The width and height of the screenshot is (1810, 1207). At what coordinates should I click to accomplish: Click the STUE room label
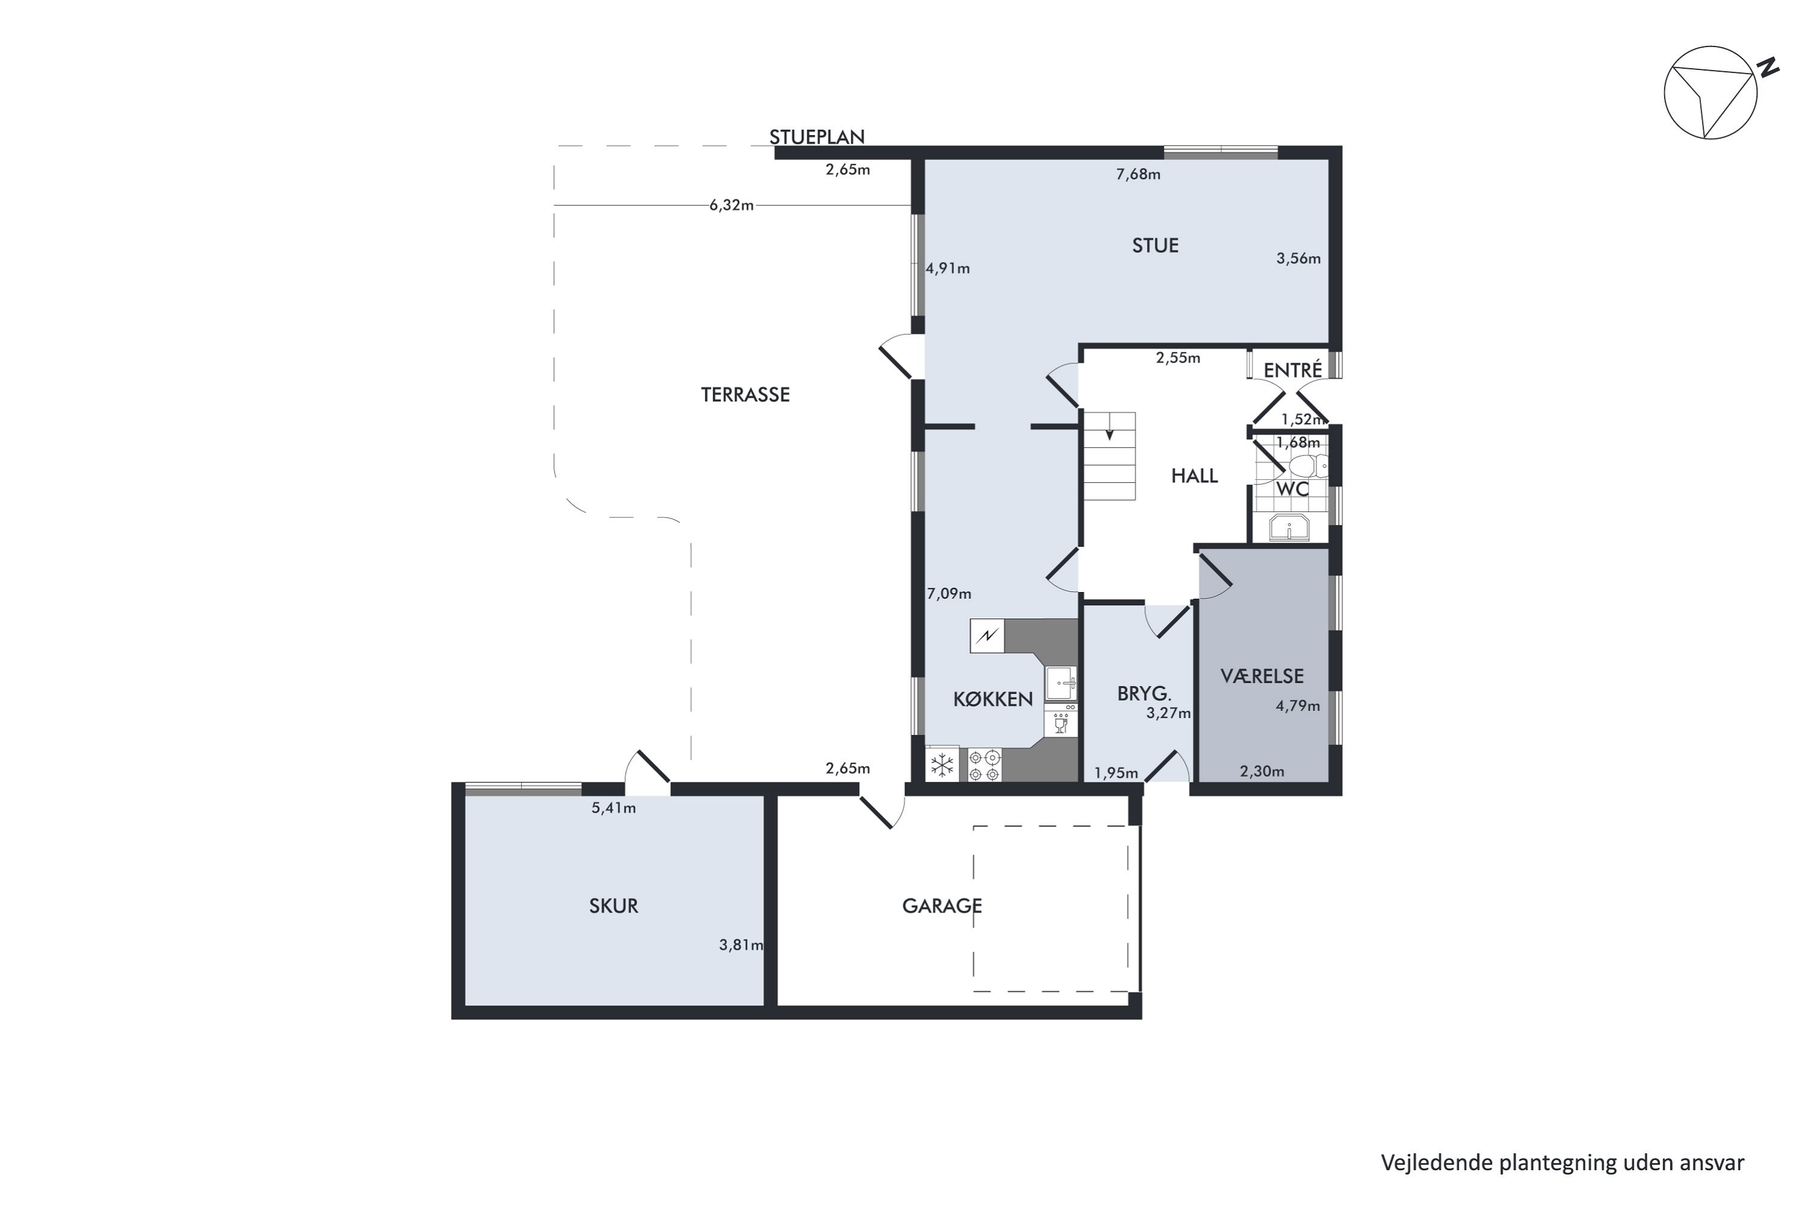(1155, 246)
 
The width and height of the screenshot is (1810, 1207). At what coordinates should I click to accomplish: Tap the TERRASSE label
(745, 395)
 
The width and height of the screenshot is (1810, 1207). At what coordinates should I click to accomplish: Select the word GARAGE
(942, 906)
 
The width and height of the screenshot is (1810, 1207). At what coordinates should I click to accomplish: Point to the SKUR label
(614, 906)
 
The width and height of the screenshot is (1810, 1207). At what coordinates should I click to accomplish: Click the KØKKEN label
(992, 699)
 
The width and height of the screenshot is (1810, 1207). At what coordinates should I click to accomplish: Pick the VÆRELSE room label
(1262, 676)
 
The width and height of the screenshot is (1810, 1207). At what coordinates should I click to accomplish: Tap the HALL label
(1195, 476)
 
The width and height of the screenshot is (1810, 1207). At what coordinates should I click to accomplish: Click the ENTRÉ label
(1293, 371)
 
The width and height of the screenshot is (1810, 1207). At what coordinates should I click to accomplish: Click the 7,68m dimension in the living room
(1138, 174)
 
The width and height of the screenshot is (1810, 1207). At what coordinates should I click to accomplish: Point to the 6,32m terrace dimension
(731, 206)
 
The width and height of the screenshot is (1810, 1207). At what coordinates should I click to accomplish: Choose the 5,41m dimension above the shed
(614, 808)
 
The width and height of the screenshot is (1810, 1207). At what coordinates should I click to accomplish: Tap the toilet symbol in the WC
(1307, 466)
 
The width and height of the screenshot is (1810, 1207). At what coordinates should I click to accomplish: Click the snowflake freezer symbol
(942, 765)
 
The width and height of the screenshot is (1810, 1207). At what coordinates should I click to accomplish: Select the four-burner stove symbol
(984, 765)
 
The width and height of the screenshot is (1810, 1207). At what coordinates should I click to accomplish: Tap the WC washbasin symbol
(1289, 528)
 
